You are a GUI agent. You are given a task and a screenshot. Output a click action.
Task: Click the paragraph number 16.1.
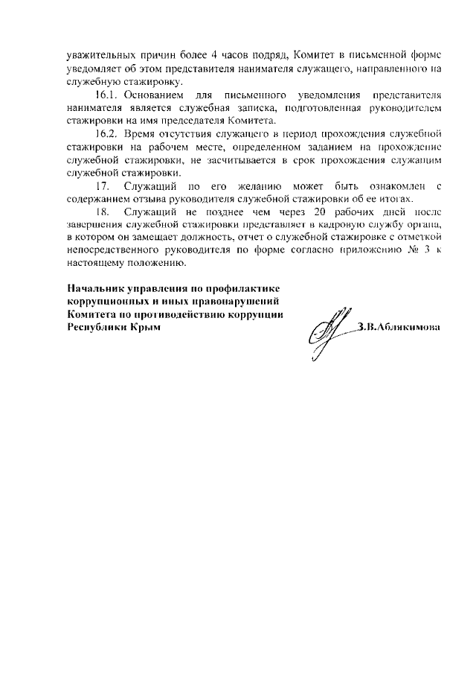tap(107, 97)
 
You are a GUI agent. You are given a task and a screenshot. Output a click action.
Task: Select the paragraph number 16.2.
tap(107, 133)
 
